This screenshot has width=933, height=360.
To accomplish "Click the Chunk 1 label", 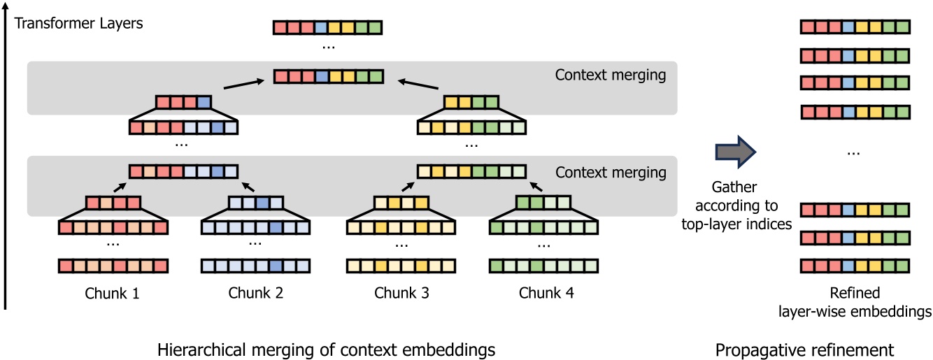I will (113, 293).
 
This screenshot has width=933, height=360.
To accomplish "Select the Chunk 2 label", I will (256, 293).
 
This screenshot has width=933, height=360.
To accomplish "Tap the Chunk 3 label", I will (401, 293).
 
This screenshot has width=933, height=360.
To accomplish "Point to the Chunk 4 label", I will (546, 293).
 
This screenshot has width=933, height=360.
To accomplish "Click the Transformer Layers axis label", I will (78, 23).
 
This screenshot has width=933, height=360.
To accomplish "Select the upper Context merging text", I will (610, 75).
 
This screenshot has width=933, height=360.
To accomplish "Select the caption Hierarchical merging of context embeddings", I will (327, 348).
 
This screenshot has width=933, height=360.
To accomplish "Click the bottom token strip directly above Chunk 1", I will (113, 266).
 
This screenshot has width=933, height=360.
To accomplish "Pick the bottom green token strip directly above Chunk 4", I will (543, 266).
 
